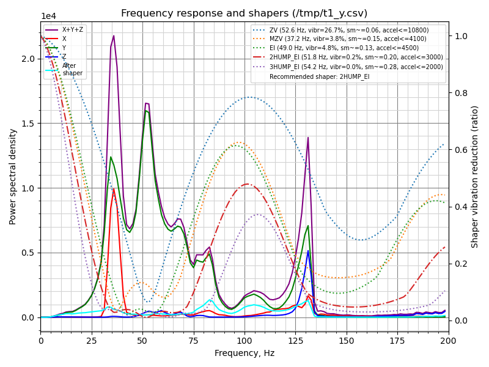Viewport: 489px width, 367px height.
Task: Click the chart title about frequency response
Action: pyautogui.click(x=244, y=13)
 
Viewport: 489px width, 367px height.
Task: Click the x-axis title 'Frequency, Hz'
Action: pyautogui.click(x=244, y=353)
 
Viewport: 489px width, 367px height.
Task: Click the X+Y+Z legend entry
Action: pyautogui.click(x=72, y=30)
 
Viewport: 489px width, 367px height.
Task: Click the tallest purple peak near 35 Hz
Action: pyautogui.click(x=114, y=35)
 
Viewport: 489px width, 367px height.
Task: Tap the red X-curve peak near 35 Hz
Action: pyautogui.click(x=114, y=189)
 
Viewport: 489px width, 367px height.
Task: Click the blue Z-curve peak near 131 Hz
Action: pyautogui.click(x=308, y=251)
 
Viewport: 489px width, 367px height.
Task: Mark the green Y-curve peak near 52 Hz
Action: pyautogui.click(x=146, y=111)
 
